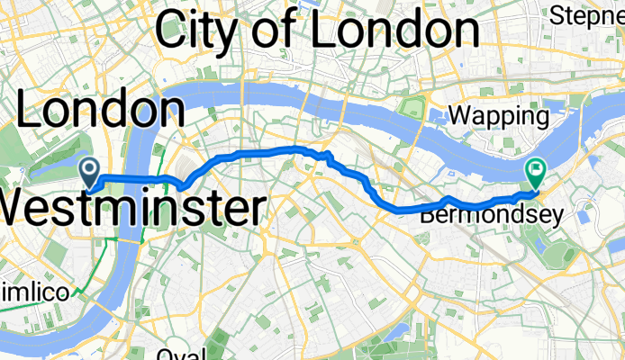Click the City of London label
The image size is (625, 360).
[317, 31]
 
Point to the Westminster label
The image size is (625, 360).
[131, 209]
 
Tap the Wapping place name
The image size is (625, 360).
[498, 116]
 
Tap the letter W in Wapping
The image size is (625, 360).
[459, 116]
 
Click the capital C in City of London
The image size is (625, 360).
[172, 31]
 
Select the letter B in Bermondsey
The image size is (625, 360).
[426, 215]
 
